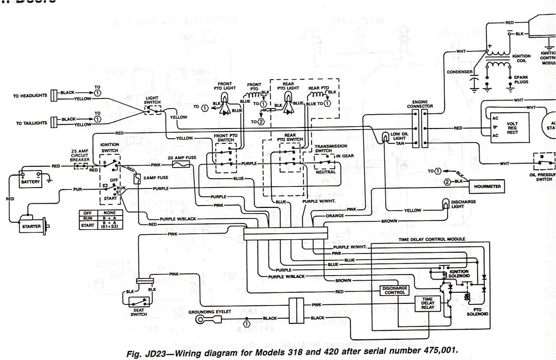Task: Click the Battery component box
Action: click(x=31, y=179)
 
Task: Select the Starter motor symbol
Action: click(x=32, y=226)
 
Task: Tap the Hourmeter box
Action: click(x=487, y=186)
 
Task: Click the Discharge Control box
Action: click(x=395, y=290)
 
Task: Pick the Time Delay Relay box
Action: click(x=427, y=303)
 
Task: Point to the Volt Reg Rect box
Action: click(x=510, y=128)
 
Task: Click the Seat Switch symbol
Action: click(x=138, y=301)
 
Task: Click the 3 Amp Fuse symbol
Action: click(x=138, y=179)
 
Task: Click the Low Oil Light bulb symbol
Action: click(x=385, y=138)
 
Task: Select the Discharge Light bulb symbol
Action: click(x=446, y=204)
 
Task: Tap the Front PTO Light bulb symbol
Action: click(x=225, y=97)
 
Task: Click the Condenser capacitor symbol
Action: click(x=474, y=83)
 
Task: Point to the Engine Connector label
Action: click(x=420, y=104)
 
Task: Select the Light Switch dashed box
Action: click(x=152, y=110)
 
